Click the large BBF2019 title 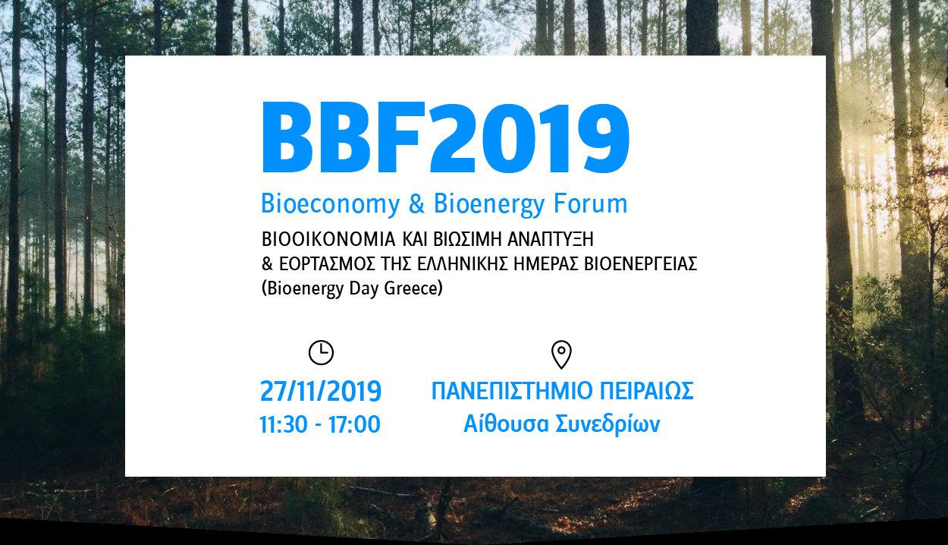tap(446, 137)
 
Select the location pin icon tap(561, 355)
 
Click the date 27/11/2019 tap(321, 391)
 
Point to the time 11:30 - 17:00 tap(320, 425)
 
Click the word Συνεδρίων tap(607, 425)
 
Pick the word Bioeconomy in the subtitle tap(330, 204)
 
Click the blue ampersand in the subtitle tap(417, 203)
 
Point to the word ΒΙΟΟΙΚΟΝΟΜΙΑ tap(328, 240)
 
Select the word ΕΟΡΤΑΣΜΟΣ tap(327, 264)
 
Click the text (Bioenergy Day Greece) tap(352, 289)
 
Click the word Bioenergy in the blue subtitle tap(489, 204)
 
